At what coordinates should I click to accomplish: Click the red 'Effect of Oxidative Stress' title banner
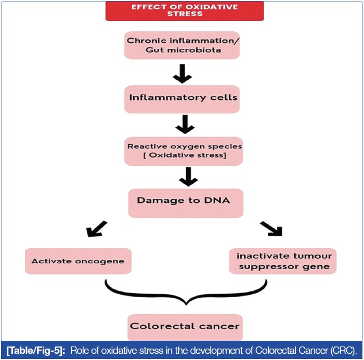(184, 11)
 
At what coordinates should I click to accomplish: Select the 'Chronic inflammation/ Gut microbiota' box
(181, 45)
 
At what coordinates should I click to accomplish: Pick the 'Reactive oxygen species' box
(184, 151)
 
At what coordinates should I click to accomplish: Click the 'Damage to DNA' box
(186, 201)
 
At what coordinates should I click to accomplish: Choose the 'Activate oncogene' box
(78, 261)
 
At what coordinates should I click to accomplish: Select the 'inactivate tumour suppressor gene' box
(283, 261)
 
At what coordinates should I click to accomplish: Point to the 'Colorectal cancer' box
(185, 327)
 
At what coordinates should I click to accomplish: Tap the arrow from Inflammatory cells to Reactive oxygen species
(185, 125)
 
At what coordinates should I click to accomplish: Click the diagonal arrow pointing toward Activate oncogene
(97, 229)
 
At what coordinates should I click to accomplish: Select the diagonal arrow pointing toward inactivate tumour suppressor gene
(270, 229)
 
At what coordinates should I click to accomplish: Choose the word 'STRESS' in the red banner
(184, 15)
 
